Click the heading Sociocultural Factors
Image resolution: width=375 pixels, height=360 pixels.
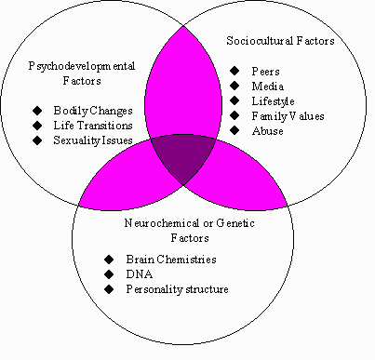click(x=280, y=41)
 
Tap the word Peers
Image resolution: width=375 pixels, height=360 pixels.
click(x=265, y=72)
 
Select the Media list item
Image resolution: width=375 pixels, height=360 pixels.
click(x=267, y=87)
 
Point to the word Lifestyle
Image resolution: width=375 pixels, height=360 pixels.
click(x=273, y=101)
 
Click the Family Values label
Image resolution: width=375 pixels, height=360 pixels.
click(x=288, y=116)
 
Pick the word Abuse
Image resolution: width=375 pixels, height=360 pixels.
click(x=267, y=131)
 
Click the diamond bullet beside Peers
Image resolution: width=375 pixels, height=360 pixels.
click(x=234, y=71)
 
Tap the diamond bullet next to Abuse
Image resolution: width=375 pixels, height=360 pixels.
click(x=234, y=130)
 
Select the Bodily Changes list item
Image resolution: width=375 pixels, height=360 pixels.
click(x=93, y=111)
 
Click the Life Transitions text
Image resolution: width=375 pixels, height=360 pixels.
click(x=93, y=126)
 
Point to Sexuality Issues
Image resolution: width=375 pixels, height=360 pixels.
click(x=93, y=140)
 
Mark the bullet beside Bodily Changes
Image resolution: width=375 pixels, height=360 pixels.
click(x=37, y=110)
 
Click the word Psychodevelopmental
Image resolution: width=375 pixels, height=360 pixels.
click(x=82, y=66)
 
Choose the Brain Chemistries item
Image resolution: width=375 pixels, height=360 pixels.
click(x=171, y=260)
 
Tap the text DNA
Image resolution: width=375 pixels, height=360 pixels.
click(x=140, y=274)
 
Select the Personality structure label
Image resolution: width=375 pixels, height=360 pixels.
click(x=177, y=289)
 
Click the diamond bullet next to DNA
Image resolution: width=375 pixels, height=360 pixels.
click(x=109, y=273)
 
